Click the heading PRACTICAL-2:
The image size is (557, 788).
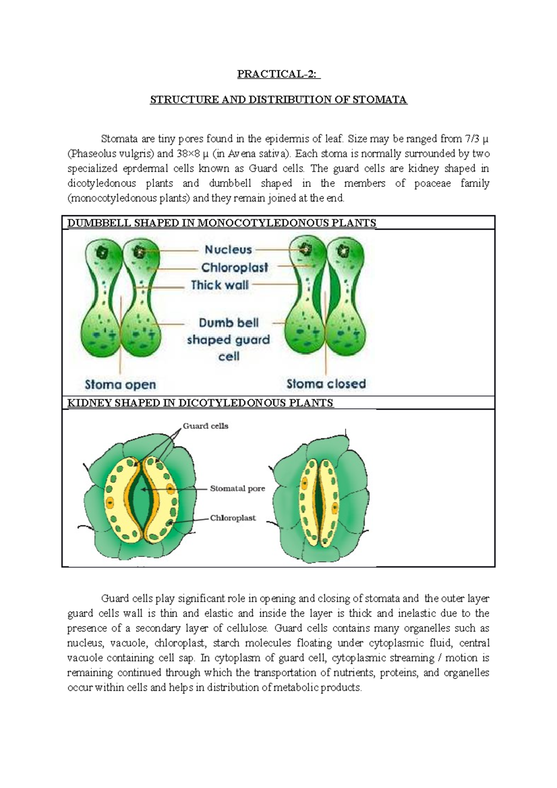click(278, 74)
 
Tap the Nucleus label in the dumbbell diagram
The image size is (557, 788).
click(228, 250)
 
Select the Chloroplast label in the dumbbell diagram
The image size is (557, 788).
click(234, 267)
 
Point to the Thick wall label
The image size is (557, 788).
click(220, 285)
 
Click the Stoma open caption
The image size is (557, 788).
click(120, 385)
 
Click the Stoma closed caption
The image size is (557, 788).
click(326, 384)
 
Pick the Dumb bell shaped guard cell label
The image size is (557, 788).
click(228, 340)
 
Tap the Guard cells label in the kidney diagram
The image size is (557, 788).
click(206, 426)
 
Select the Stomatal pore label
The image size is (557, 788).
click(237, 489)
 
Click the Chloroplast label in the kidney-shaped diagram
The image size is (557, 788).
click(233, 518)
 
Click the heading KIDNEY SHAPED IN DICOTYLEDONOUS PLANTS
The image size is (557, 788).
click(201, 403)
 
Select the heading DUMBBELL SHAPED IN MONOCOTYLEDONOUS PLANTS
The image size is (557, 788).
click(221, 223)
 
